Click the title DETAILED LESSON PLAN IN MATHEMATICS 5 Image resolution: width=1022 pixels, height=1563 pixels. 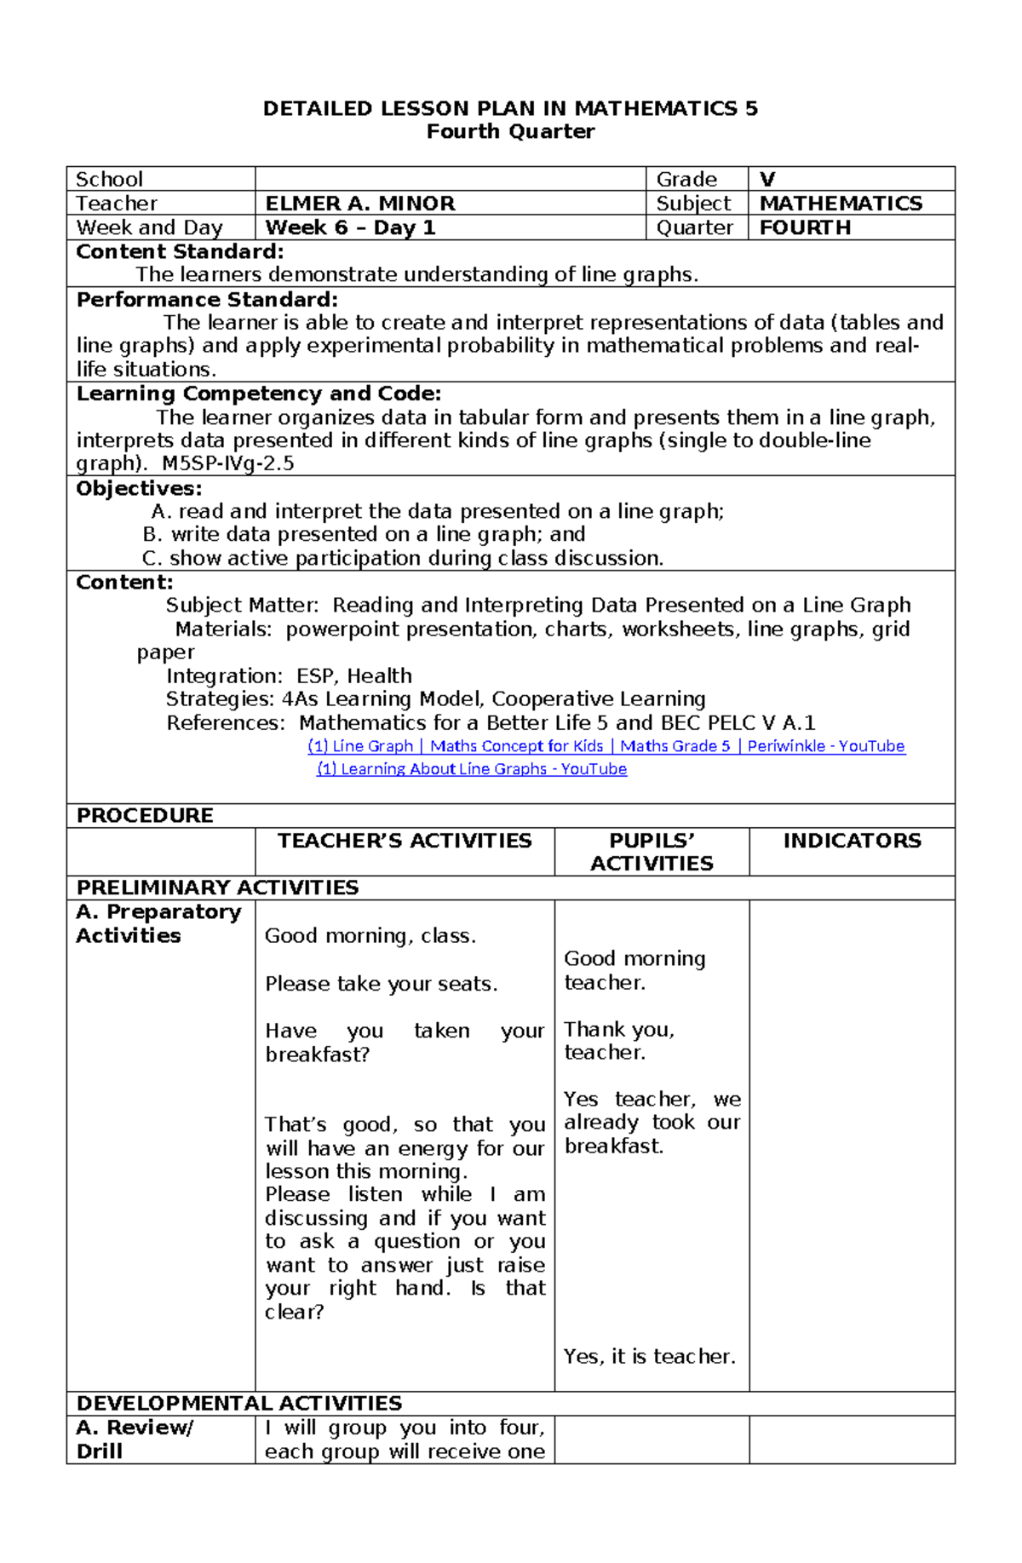(510, 108)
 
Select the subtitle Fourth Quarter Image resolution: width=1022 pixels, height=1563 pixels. (510, 131)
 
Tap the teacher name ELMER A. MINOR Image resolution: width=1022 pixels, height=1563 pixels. (360, 204)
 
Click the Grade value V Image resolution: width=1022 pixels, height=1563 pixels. (767, 180)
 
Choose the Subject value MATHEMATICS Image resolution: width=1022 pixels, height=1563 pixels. (841, 204)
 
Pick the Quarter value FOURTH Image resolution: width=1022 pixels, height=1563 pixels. (805, 227)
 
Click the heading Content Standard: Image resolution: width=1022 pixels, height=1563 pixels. (180, 251)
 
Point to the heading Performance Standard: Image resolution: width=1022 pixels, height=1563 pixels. (207, 300)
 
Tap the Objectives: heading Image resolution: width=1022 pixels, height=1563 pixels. (139, 488)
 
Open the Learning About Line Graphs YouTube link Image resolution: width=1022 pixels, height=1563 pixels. (472, 769)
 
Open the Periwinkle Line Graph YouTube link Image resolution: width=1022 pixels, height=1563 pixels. (606, 746)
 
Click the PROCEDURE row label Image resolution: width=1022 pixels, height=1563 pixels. (145, 815)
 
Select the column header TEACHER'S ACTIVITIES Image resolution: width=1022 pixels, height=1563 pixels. (405, 841)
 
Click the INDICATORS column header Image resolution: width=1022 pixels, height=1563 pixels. (852, 841)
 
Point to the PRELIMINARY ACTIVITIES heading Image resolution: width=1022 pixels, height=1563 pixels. (217, 888)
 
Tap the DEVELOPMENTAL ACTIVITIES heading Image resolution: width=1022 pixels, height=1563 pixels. (238, 1403)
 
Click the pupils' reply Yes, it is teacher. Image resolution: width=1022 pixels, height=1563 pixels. (649, 1356)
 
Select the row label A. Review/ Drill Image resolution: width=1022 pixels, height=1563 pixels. (135, 1439)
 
